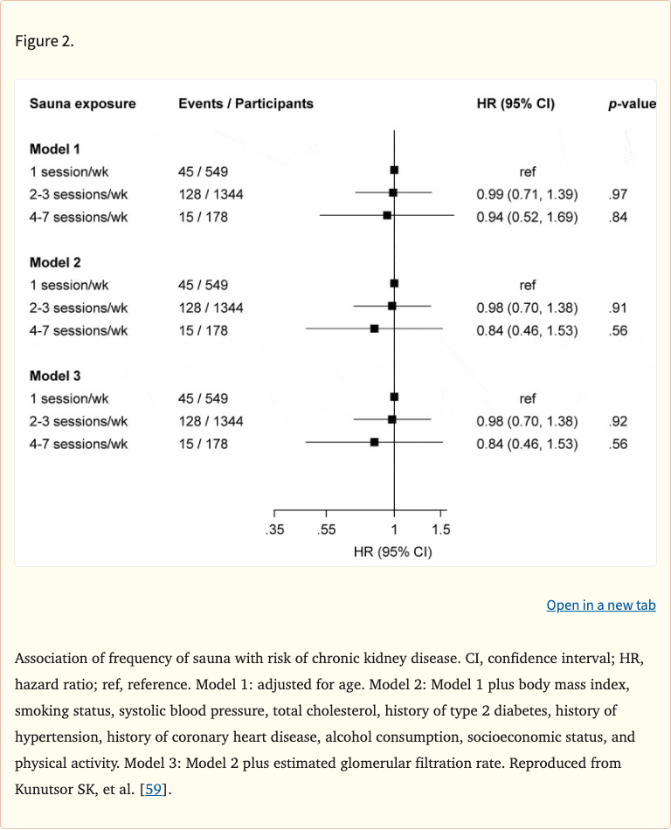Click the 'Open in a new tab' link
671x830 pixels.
(x=600, y=605)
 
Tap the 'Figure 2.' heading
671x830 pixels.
(x=45, y=42)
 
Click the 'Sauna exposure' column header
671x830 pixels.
(x=83, y=104)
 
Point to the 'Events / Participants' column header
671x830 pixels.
(x=246, y=104)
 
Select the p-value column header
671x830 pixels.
(x=632, y=104)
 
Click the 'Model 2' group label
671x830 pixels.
(x=55, y=262)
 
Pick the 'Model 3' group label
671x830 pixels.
(x=55, y=376)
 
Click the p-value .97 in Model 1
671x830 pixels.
(x=618, y=194)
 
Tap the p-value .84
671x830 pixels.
(x=618, y=217)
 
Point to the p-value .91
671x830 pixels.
(x=618, y=308)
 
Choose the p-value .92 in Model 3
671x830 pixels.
(x=618, y=421)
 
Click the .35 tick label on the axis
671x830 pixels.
(x=275, y=529)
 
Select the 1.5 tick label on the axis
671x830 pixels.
(x=440, y=529)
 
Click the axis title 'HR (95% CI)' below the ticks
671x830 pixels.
(x=392, y=551)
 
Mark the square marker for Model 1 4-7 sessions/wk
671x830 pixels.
(x=387, y=214)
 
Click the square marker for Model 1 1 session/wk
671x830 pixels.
(x=395, y=169)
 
